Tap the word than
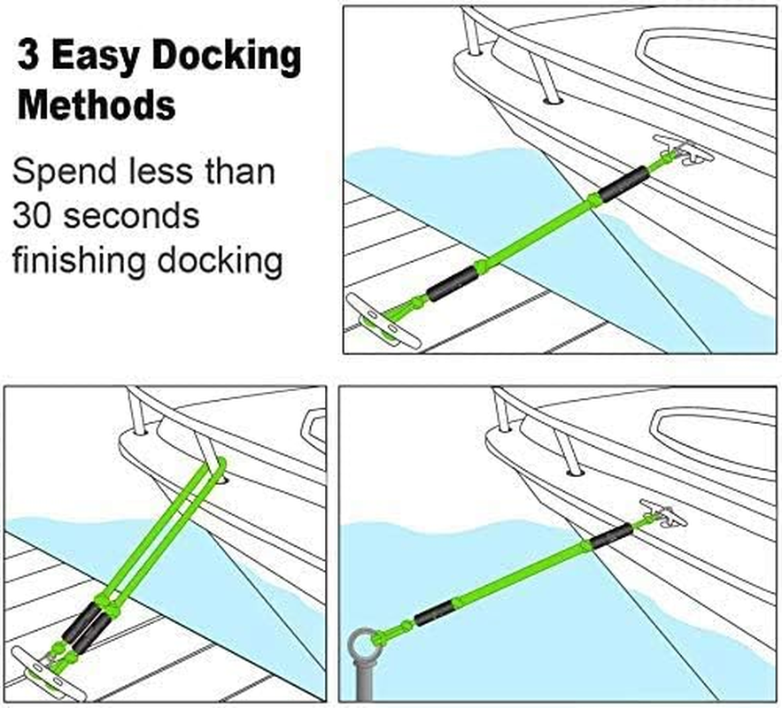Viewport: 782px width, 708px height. pyautogui.click(x=236, y=171)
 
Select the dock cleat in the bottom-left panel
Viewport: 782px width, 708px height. pyautogui.click(x=41, y=660)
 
